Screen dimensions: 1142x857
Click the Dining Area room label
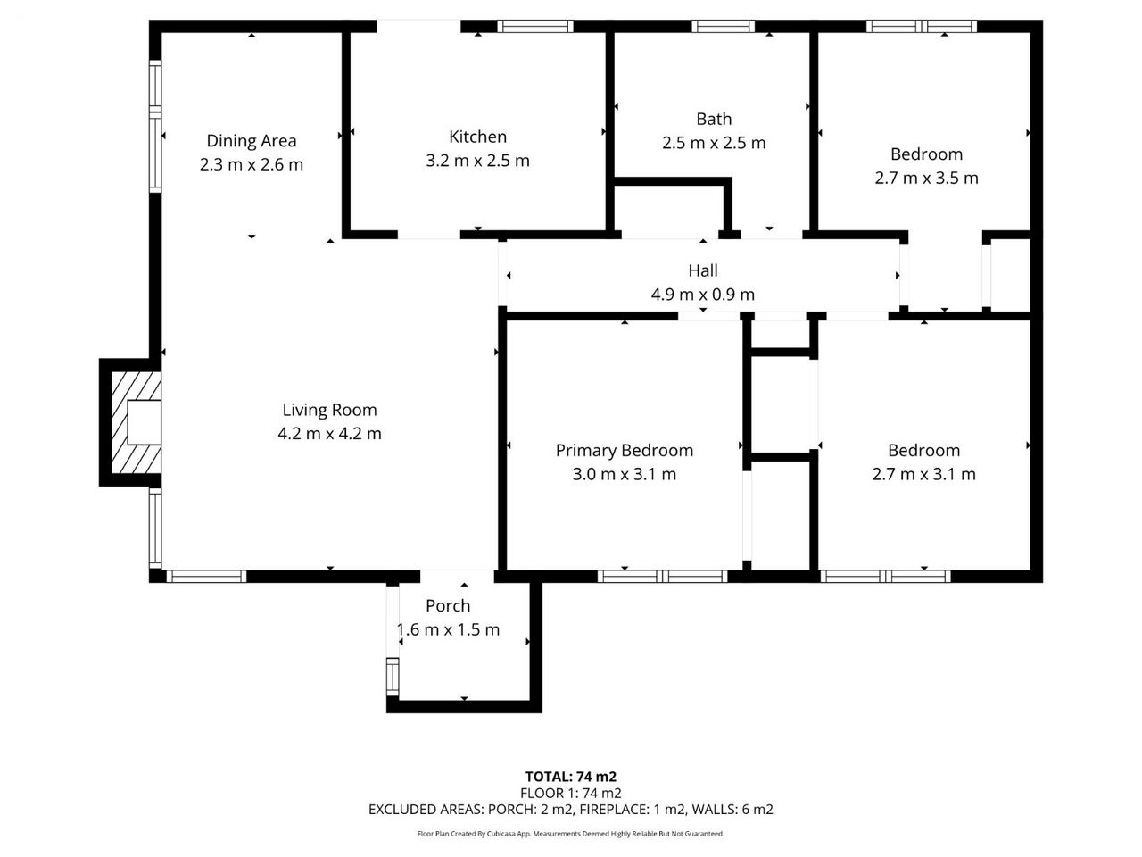pos(252,140)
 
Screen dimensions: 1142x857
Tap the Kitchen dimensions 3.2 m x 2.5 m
pos(477,161)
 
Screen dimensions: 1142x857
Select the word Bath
pos(714,119)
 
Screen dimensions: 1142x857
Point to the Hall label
pos(703,270)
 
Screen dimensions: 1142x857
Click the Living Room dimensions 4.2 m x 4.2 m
pos(329,434)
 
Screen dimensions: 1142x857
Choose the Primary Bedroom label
pos(625,451)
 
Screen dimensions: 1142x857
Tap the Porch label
pos(448,605)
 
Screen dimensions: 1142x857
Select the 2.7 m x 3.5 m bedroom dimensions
pos(926,178)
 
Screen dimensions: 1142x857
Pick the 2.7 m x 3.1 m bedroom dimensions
pos(923,474)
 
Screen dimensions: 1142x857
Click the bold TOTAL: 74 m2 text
pos(571,777)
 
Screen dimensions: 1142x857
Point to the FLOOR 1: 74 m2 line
pos(571,793)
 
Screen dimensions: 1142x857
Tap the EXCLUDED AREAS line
pos(571,809)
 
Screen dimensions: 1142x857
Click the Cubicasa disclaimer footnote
pos(571,834)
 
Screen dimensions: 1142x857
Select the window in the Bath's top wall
pos(724,26)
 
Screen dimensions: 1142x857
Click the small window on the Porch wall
pos(393,677)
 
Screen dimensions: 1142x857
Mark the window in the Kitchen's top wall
pos(535,26)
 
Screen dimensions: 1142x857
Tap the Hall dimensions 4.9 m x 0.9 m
pos(702,295)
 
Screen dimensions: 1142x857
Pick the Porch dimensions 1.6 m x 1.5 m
pos(448,629)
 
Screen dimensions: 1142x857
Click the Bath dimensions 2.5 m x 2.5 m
pos(714,143)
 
